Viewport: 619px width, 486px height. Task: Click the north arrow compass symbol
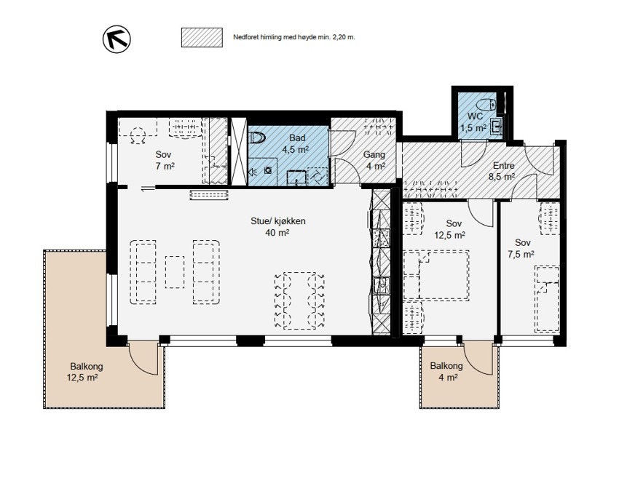pyautogui.click(x=117, y=39)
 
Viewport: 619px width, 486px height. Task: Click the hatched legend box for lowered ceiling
pyautogui.click(x=202, y=38)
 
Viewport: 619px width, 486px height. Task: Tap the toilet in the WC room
pyautogui.click(x=486, y=105)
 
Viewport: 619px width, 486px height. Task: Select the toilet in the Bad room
pyautogui.click(x=257, y=138)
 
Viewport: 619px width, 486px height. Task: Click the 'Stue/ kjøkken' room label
pyautogui.click(x=278, y=221)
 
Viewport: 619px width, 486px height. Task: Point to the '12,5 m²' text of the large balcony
pyautogui.click(x=82, y=378)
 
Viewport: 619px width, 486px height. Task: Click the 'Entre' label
pyautogui.click(x=504, y=166)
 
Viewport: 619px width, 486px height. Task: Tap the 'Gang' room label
pyautogui.click(x=374, y=155)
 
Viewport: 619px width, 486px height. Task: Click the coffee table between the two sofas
pyautogui.click(x=175, y=272)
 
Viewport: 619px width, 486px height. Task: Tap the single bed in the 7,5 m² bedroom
pyautogui.click(x=547, y=298)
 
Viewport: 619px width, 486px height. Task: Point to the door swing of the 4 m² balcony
pyautogui.click(x=478, y=359)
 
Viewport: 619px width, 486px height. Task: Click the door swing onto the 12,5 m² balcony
pyautogui.click(x=143, y=359)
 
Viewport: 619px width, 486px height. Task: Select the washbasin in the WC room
pyautogui.click(x=496, y=127)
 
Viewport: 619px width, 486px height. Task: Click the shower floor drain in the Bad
pyautogui.click(x=269, y=170)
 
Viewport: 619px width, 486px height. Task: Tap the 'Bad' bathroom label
pyautogui.click(x=297, y=138)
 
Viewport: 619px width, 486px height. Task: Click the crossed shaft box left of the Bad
pyautogui.click(x=238, y=151)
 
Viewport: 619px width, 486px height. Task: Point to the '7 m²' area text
pyautogui.click(x=165, y=166)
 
